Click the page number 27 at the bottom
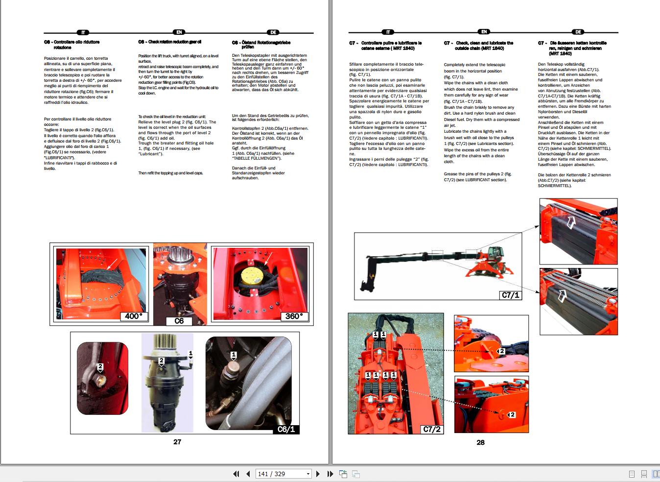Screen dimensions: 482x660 177,442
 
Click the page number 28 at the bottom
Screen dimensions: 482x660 480,442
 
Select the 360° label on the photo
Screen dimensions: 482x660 294,316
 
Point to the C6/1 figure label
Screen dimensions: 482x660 286,429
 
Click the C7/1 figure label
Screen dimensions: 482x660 510,295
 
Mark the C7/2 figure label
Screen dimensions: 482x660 431,429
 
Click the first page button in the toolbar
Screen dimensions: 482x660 236,474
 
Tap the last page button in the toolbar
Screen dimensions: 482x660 330,474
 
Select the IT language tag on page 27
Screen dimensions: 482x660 83,32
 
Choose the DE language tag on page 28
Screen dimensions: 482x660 578,32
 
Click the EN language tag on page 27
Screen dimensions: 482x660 179,32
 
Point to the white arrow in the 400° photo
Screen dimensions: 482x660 112,264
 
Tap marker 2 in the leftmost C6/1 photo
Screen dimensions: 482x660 100,366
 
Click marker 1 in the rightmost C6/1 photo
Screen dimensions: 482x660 234,355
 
